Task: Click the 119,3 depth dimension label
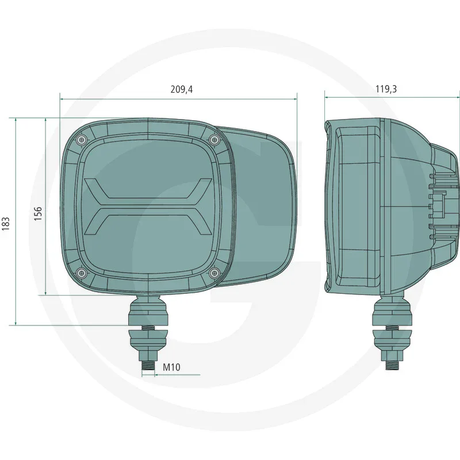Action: pyautogui.click(x=386, y=89)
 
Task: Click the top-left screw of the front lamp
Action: pyautogui.click(x=81, y=138)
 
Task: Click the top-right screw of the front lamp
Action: pyautogui.click(x=214, y=138)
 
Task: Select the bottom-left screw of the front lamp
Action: pyautogui.click(x=81, y=272)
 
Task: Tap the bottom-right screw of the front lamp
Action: pyautogui.click(x=214, y=272)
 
